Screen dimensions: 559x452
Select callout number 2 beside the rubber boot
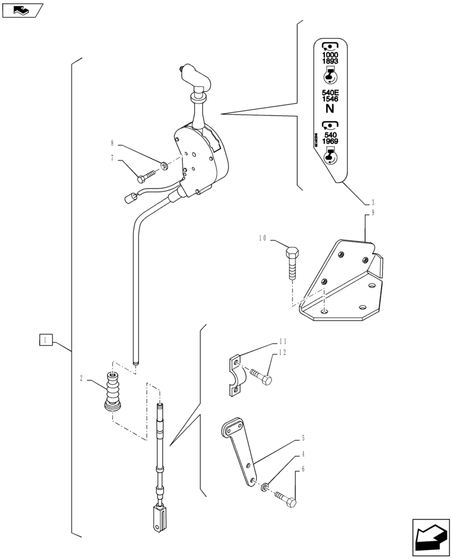[x=82, y=378]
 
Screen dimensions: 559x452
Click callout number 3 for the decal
[x=373, y=202]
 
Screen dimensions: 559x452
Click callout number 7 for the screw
[x=112, y=158]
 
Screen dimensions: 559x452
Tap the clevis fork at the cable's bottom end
[x=159, y=518]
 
